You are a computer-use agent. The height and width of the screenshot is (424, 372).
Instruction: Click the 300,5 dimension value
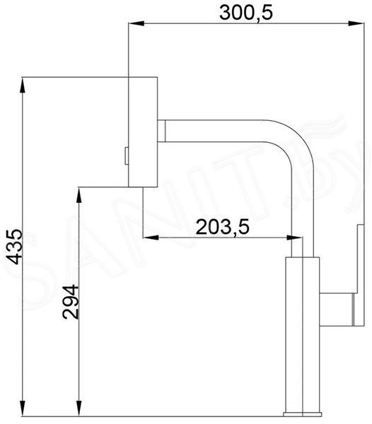245,13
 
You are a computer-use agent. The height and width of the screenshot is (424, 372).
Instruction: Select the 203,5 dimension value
222,227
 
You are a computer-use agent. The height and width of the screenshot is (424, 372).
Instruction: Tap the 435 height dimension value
14,247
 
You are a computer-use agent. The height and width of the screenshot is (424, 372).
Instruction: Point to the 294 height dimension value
70,302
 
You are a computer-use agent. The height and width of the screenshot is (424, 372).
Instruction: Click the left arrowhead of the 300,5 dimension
136,23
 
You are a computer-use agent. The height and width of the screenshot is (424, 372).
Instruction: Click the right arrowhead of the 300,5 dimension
356,23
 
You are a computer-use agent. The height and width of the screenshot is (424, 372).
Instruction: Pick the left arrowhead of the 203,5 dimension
151,237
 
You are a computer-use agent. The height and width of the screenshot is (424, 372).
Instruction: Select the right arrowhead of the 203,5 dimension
294,237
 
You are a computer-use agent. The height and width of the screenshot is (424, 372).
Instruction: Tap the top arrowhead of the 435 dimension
23,85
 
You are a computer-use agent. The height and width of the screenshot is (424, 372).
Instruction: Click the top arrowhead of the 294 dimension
79,195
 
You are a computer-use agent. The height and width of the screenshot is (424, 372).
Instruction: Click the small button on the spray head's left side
127,155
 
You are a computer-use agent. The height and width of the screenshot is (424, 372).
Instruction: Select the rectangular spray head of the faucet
143,132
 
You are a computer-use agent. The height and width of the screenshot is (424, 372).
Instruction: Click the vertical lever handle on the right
361,275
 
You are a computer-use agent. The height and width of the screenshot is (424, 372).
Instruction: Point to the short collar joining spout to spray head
161,131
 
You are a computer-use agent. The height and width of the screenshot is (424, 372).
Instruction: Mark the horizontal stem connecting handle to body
337,309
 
